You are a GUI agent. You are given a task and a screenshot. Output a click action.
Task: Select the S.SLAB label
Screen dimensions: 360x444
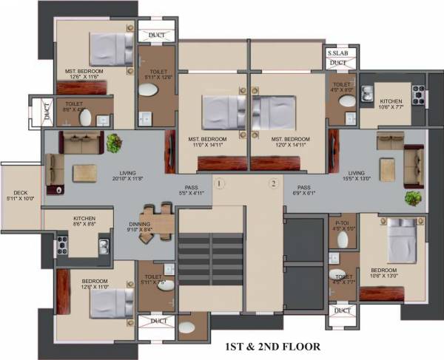pos(337,53)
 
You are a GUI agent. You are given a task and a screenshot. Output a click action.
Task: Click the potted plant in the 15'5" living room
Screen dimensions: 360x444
pos(413,198)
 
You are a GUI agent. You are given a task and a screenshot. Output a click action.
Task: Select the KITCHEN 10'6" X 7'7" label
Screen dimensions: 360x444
pos(391,104)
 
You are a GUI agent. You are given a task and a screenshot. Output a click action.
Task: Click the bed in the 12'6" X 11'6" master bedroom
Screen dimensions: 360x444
pos(109,49)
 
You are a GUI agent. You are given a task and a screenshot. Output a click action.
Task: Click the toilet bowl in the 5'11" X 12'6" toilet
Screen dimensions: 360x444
pos(148,90)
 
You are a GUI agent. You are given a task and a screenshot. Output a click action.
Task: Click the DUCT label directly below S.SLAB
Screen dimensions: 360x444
pos(337,64)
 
